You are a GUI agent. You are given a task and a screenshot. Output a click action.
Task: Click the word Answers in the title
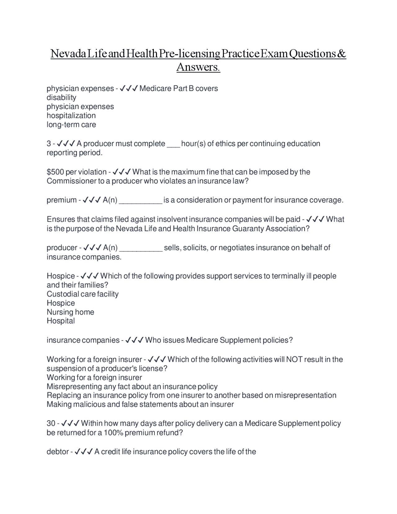pos(198,67)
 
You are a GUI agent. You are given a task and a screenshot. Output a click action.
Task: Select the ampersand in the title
pos(341,54)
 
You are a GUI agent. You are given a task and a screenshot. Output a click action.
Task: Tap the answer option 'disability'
pos(61,97)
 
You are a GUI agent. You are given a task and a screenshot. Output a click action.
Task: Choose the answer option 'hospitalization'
pos(71,115)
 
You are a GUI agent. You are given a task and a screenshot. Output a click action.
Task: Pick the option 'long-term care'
pos(71,124)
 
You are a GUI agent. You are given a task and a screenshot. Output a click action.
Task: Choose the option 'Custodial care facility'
pos(83,294)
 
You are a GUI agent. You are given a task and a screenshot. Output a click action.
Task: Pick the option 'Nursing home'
pos(70,312)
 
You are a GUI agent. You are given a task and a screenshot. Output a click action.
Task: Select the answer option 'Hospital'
pos(61,321)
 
